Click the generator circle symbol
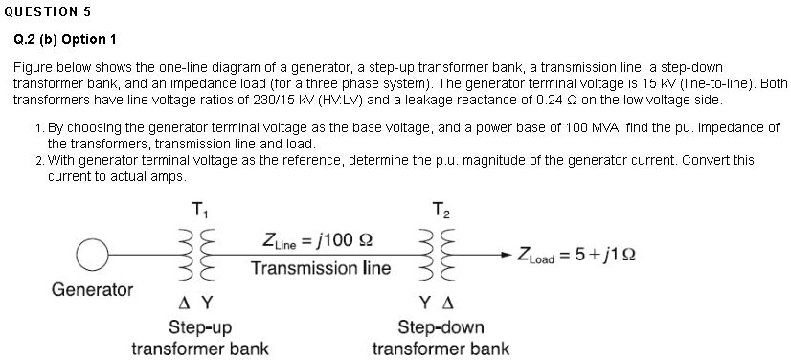(x=93, y=255)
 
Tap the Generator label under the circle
(x=92, y=288)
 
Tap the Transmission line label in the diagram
(x=321, y=268)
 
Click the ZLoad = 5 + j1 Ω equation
(x=576, y=256)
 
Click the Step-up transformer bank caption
(x=199, y=337)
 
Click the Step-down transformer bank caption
(x=441, y=337)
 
